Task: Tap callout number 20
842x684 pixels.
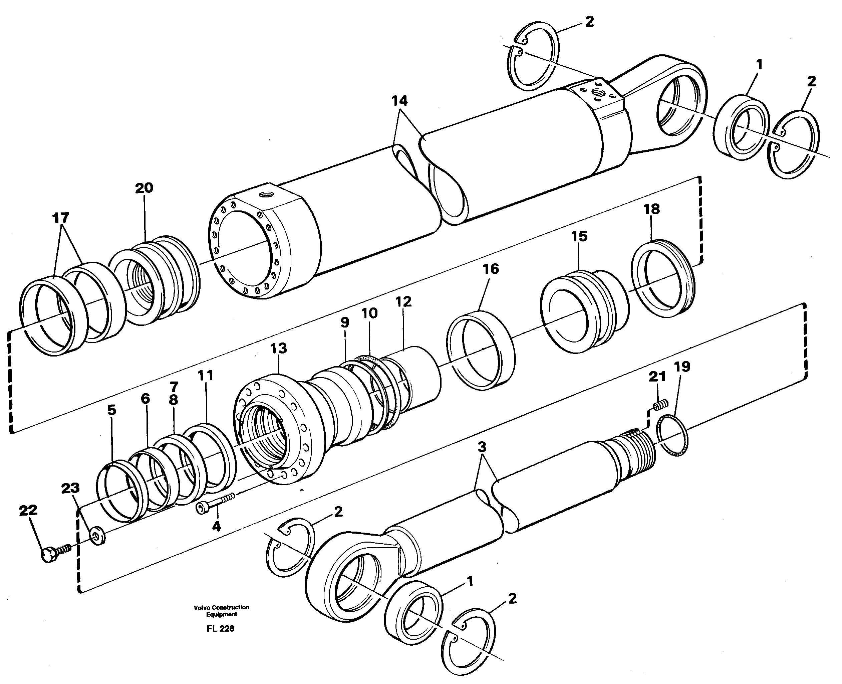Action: tap(144, 188)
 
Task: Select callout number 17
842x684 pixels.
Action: tap(61, 217)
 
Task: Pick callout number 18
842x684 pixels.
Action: tap(651, 209)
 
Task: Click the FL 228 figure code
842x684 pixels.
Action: tap(220, 629)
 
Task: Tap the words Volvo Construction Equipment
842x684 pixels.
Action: tap(221, 611)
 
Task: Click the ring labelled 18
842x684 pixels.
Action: tap(663, 279)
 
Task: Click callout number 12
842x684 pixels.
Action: tap(403, 302)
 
